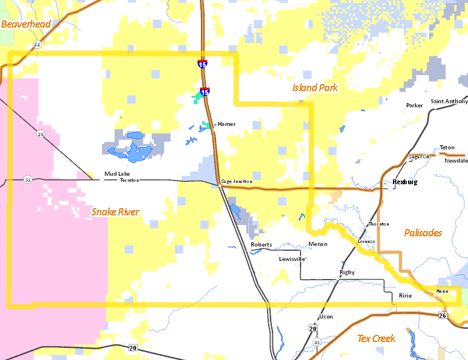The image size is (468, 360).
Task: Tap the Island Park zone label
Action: click(315, 88)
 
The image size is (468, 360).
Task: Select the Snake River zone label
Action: click(115, 212)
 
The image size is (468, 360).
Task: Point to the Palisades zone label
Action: click(423, 233)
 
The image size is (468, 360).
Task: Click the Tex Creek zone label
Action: click(376, 338)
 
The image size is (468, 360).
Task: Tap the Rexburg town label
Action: click(404, 181)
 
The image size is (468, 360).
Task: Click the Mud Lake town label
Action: click(116, 174)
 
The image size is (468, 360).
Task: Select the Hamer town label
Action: click(226, 124)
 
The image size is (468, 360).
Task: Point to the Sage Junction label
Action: click(236, 181)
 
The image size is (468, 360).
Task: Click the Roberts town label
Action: click(262, 245)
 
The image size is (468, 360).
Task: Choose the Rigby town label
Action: click(347, 272)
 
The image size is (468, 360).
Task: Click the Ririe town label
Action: click(406, 296)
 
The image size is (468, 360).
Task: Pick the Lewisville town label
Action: click(292, 259)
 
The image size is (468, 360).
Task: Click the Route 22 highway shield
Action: click(37, 44)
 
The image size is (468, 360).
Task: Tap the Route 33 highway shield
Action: click(28, 179)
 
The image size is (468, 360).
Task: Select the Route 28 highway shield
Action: click(40, 134)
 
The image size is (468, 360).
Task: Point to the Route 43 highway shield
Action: click(317, 342)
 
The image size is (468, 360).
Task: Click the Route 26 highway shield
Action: click(442, 316)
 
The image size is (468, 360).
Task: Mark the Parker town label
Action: click(415, 106)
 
